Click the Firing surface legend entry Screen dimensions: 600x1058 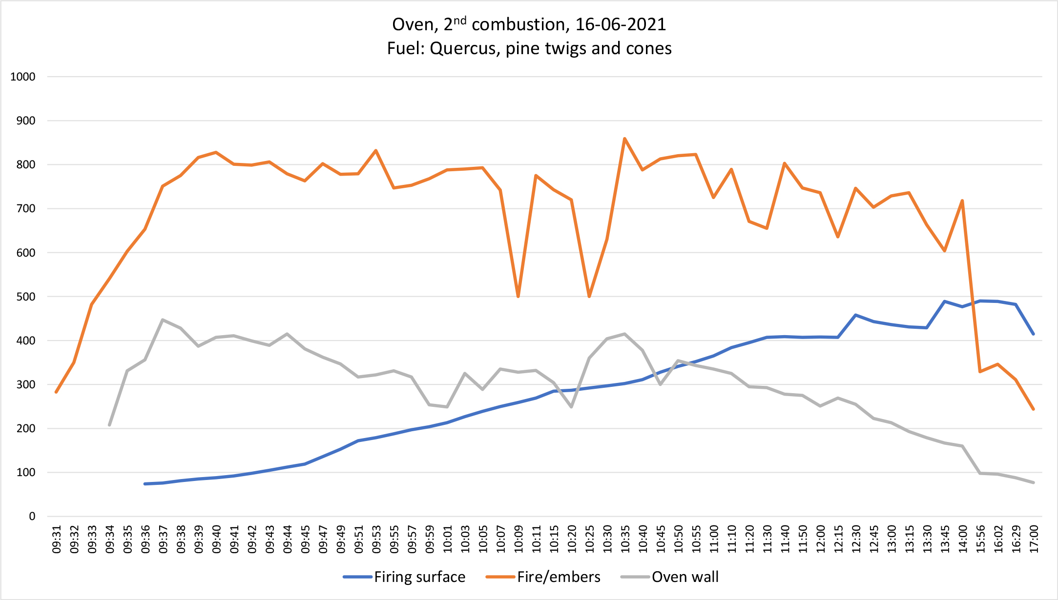(419, 577)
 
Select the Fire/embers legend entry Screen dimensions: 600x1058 (559, 577)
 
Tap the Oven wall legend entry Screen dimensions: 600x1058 (685, 577)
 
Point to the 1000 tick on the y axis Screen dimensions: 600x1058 (23, 77)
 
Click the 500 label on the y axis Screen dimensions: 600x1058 (26, 297)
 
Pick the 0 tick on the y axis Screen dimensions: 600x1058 (32, 516)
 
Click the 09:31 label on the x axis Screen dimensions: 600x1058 (57, 540)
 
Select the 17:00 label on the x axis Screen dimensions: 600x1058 (1034, 540)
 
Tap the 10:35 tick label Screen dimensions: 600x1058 (625, 540)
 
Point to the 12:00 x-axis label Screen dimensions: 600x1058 (821, 540)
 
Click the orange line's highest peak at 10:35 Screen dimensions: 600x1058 (624, 139)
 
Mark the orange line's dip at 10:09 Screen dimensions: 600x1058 (518, 297)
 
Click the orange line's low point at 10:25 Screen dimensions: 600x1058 (589, 297)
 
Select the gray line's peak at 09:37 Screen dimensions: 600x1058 (163, 320)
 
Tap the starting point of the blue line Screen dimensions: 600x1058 (145, 483)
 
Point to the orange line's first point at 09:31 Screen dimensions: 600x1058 (56, 392)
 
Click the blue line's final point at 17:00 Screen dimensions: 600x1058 (1033, 334)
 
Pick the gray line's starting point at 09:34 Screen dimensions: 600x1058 (109, 425)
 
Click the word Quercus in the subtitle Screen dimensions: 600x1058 (464, 48)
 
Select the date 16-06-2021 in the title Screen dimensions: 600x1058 (621, 24)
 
